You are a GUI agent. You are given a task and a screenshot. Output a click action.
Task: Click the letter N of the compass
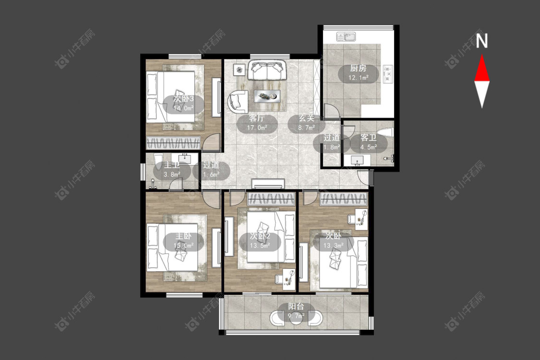click(482, 41)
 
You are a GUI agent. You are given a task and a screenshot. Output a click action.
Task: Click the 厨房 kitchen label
click(358, 68)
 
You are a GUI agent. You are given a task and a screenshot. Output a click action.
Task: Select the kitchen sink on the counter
click(346, 36)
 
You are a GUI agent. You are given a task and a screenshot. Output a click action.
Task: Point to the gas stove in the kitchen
click(388, 74)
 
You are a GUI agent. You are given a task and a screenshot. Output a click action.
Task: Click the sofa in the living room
click(267, 70)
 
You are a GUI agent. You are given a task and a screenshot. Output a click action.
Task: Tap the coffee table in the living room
click(267, 96)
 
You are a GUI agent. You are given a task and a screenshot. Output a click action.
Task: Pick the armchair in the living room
click(238, 101)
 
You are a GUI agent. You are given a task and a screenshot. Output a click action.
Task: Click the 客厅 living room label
click(257, 118)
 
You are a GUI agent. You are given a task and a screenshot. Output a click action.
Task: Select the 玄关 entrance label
click(307, 118)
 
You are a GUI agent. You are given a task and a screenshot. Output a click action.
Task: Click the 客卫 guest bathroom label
click(369, 138)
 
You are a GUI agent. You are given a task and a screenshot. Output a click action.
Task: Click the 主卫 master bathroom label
click(172, 165)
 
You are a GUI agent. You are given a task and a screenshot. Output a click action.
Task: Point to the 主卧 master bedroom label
click(183, 236)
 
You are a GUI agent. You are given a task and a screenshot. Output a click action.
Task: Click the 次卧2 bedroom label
click(260, 236)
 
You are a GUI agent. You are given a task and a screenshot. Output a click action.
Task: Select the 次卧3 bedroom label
click(183, 99)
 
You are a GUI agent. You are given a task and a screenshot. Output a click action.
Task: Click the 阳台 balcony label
click(296, 306)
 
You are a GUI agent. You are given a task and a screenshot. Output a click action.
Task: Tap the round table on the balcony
click(296, 318)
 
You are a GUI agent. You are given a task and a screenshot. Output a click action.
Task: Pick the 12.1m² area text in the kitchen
click(358, 77)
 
